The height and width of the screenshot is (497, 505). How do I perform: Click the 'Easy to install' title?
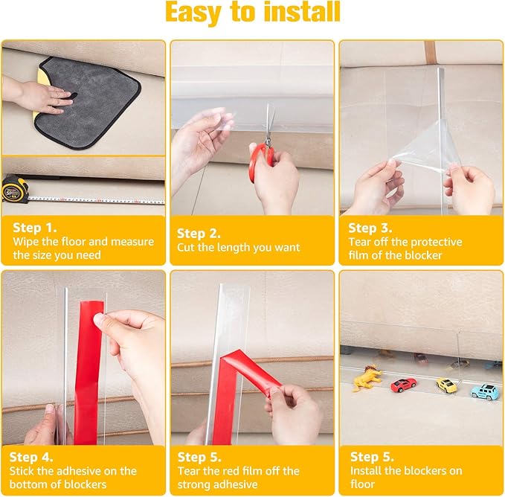coord(253,12)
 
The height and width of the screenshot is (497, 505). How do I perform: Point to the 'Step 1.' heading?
coord(35,228)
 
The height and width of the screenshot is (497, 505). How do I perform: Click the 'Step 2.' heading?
coord(199,233)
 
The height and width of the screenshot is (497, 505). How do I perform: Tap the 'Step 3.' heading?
coord(370,228)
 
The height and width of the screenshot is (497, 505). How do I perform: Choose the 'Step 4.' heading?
coord(31,457)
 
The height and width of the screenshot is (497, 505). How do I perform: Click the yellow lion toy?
coord(367,378)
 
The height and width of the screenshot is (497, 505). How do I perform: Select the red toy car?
coord(404,384)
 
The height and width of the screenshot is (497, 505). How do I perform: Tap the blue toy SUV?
coord(485,391)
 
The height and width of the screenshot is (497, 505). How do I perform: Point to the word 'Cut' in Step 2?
coord(185,247)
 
